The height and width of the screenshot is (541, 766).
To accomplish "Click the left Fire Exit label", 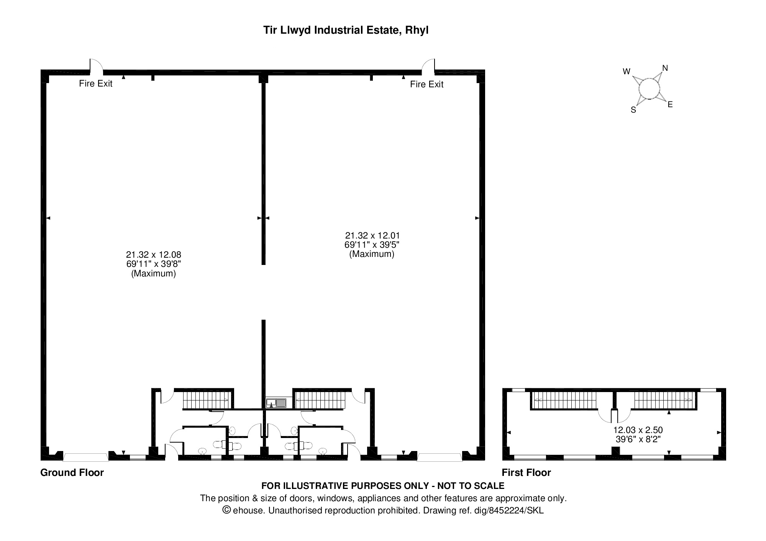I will pyautogui.click(x=95, y=83).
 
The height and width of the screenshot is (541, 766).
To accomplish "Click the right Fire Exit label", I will pyautogui.click(x=426, y=84).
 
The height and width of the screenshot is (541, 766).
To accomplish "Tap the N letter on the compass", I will pyautogui.click(x=665, y=68).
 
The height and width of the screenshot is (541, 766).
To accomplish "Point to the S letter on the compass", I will pyautogui.click(x=633, y=110).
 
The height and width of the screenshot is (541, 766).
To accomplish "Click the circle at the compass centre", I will pyautogui.click(x=649, y=89).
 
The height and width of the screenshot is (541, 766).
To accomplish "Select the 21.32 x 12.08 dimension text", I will pyautogui.click(x=153, y=255).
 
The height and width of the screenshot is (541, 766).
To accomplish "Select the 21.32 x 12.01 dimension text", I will pyautogui.click(x=372, y=235).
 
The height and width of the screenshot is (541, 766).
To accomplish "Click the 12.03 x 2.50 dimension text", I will pyautogui.click(x=638, y=430).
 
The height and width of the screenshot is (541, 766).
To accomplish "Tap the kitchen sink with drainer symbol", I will pyautogui.click(x=276, y=403).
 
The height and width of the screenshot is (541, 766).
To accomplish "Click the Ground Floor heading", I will pyautogui.click(x=72, y=472).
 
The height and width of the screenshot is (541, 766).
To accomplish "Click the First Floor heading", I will pyautogui.click(x=526, y=472).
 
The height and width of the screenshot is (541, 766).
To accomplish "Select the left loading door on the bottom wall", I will pyautogui.click(x=85, y=457).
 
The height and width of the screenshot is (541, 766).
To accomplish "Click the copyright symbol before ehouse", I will pyautogui.click(x=227, y=510).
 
